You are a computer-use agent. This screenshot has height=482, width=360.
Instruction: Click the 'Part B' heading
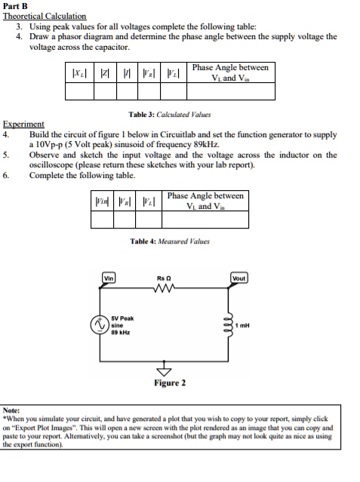tap(16, 6)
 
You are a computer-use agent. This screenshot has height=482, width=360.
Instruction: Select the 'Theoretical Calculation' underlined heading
tap(45, 16)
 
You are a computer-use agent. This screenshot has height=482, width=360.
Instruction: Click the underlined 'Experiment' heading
tap(23, 124)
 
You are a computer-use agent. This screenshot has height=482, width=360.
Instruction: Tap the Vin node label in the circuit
tap(109, 278)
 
